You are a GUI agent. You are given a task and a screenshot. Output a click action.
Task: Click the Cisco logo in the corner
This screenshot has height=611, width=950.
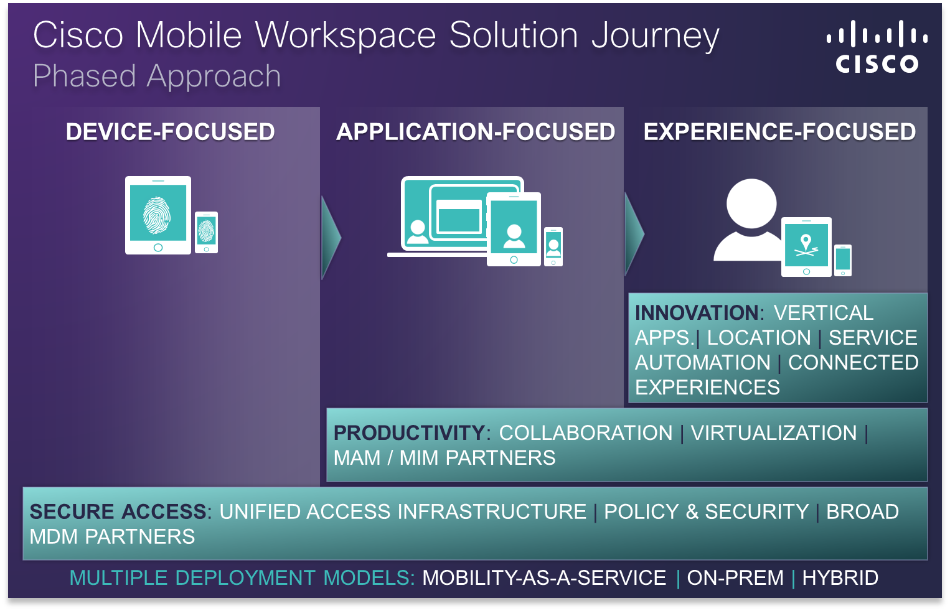(877, 47)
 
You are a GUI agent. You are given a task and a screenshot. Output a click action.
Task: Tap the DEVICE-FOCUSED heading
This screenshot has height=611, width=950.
(170, 132)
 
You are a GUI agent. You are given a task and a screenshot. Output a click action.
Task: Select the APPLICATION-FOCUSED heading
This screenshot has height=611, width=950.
(476, 132)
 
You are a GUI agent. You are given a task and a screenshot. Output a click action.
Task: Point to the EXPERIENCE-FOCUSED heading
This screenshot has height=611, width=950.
(779, 132)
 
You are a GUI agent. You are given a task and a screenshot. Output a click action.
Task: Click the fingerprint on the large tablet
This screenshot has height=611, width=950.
(158, 215)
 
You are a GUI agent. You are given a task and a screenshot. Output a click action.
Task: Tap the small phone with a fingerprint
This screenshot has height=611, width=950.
(206, 233)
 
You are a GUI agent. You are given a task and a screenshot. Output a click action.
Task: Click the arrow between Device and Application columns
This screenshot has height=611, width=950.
(331, 237)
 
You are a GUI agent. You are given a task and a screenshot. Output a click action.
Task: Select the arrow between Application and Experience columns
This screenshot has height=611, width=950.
(634, 235)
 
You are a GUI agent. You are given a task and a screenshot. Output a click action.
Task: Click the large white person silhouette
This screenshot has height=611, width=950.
(750, 221)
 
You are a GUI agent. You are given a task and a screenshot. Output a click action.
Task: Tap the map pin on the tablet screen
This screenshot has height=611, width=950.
(806, 241)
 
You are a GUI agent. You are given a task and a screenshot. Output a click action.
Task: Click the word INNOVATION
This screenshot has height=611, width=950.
(696, 312)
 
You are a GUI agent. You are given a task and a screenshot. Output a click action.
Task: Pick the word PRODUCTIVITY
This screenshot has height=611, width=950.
(409, 432)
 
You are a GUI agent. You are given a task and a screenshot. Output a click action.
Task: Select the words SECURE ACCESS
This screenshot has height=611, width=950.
(118, 511)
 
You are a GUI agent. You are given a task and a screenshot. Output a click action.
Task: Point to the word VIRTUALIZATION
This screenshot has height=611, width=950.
(774, 432)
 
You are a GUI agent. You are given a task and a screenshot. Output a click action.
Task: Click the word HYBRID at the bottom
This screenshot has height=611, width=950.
(840, 577)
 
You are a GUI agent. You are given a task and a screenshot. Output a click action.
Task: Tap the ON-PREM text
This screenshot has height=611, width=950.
(735, 577)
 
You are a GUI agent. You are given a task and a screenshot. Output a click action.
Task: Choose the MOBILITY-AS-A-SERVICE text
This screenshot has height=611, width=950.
(544, 577)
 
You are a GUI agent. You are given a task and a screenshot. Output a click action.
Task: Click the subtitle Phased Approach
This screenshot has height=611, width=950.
(157, 77)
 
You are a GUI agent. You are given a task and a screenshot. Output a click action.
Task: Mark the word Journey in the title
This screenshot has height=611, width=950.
(655, 36)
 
